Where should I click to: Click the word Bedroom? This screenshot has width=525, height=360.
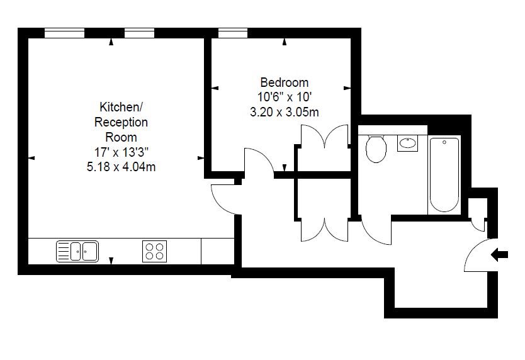pos(285,82)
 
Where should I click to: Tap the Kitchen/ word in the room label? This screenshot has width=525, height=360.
pos(116,107)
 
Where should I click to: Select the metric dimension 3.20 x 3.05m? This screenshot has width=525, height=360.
pos(285,112)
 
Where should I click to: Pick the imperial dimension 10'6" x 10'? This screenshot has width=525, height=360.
pos(285,98)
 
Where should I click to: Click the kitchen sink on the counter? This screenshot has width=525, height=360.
pos(77,250)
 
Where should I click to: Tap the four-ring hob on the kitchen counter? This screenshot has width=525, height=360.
pos(154,250)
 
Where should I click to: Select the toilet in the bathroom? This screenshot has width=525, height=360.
pos(376,149)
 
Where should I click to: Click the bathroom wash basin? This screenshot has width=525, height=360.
pos(407,143)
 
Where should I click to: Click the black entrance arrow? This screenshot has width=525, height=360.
pos(500,255)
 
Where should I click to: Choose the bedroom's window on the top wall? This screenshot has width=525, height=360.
pos(232,32)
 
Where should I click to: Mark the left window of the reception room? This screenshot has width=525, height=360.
pos(64,32)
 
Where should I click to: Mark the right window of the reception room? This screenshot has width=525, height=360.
pos(140,32)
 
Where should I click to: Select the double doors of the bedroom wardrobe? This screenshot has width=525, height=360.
pos(324,137)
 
